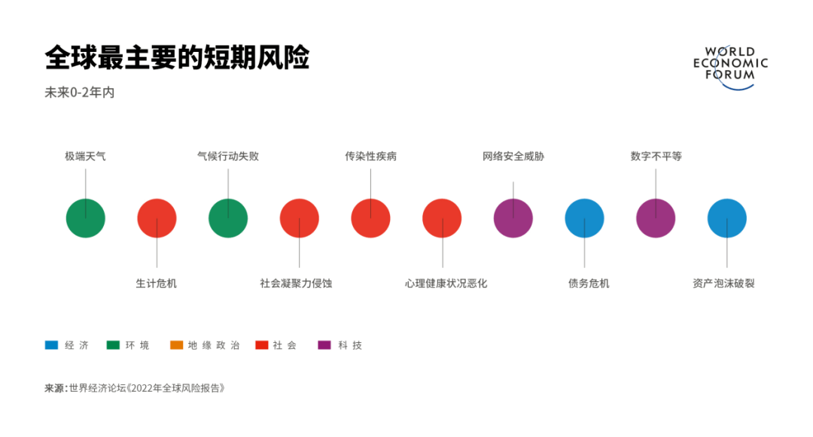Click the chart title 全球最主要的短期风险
[177, 58]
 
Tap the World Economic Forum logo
[730, 67]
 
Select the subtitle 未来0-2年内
[79, 93]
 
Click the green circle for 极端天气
[86, 218]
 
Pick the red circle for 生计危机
[157, 218]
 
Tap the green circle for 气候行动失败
[228, 218]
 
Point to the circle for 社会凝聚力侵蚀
[300, 218]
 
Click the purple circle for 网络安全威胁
[513, 218]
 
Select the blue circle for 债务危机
[584, 218]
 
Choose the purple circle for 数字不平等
[656, 218]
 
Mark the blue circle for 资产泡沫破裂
[727, 218]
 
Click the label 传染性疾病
[370, 156]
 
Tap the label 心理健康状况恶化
[446, 284]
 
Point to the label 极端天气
[85, 156]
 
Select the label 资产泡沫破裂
[723, 284]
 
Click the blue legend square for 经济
[51, 345]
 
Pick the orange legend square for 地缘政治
[177, 345]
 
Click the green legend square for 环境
[113, 345]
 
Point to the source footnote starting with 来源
[135, 388]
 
